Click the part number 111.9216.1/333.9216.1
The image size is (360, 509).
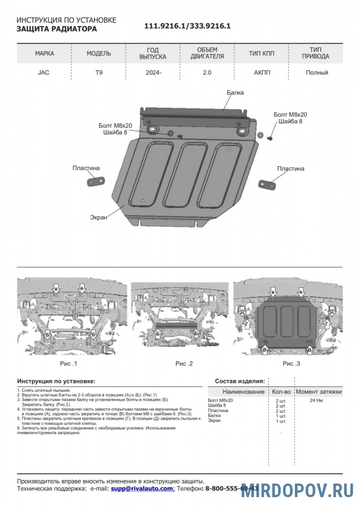(187, 26)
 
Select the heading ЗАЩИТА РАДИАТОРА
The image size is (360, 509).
(57, 29)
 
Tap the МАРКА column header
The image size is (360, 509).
(45, 54)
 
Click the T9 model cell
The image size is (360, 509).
(98, 72)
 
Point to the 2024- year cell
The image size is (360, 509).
(152, 72)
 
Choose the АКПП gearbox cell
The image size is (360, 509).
(262, 72)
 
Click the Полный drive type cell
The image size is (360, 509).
(316, 72)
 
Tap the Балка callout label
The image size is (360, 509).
(235, 92)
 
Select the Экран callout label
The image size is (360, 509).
(98, 217)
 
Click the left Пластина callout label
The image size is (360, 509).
(86, 168)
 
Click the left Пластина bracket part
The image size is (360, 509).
(95, 182)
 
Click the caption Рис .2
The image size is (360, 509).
(184, 363)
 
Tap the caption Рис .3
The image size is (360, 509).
(292, 363)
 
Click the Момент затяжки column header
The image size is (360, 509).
(319, 391)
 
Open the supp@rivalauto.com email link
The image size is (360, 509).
(142, 488)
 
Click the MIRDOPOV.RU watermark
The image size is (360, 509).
(297, 490)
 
